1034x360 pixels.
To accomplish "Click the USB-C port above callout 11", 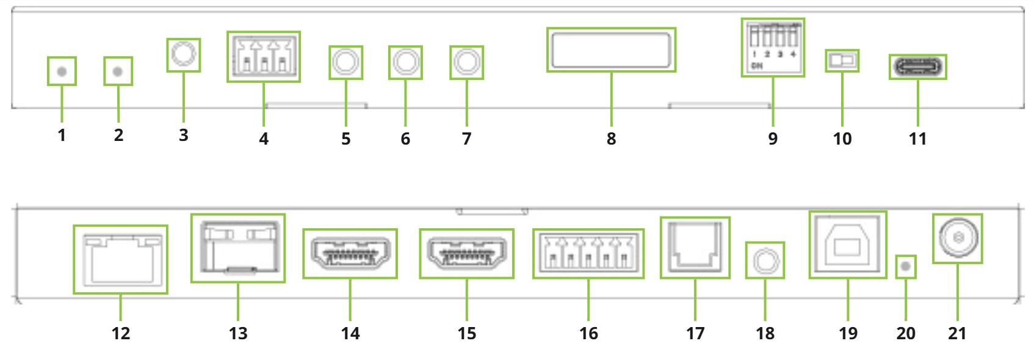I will (x=917, y=67).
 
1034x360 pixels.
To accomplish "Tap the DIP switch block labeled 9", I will (x=773, y=46).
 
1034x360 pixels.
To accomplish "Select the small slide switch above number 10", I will (x=842, y=60).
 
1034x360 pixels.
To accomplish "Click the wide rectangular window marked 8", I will (x=611, y=50).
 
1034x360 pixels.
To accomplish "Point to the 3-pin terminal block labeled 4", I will (x=264, y=57).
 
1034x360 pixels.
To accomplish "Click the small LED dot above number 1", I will (x=62, y=71).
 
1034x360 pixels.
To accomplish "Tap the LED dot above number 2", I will (x=118, y=71).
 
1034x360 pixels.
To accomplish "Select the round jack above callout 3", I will (x=183, y=55).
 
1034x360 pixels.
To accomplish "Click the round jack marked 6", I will (x=405, y=62).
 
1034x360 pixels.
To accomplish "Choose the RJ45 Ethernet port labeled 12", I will (x=120, y=259).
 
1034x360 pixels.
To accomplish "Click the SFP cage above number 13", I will (x=237, y=248).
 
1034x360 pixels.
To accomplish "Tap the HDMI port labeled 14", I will (x=350, y=253).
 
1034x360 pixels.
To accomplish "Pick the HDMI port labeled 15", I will (x=466, y=253).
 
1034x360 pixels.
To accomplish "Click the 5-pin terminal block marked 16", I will (x=588, y=253).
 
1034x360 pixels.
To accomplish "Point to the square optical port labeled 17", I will (x=695, y=247).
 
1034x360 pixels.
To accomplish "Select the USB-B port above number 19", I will (x=847, y=245).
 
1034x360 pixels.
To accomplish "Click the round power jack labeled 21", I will (x=957, y=238).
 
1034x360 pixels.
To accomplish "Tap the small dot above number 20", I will (x=905, y=267).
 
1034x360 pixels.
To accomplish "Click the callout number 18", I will (x=765, y=333).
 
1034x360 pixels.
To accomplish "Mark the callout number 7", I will (x=466, y=139).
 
